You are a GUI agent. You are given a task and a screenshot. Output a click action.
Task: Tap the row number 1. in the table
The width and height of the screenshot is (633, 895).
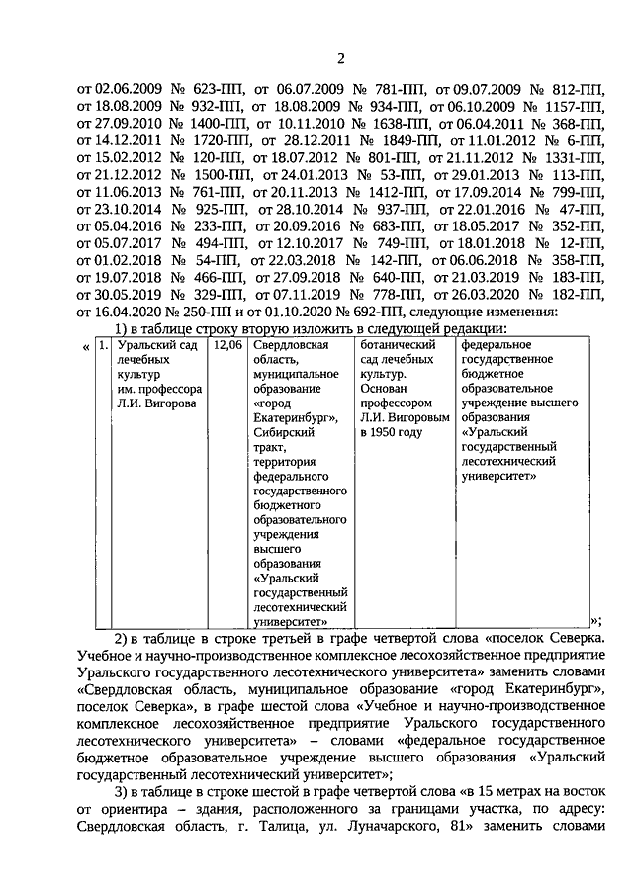(x=104, y=345)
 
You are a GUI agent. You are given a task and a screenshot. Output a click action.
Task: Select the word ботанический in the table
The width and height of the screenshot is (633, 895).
(x=398, y=345)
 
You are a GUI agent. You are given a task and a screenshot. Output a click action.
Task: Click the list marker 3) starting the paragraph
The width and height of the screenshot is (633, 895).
(x=121, y=790)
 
